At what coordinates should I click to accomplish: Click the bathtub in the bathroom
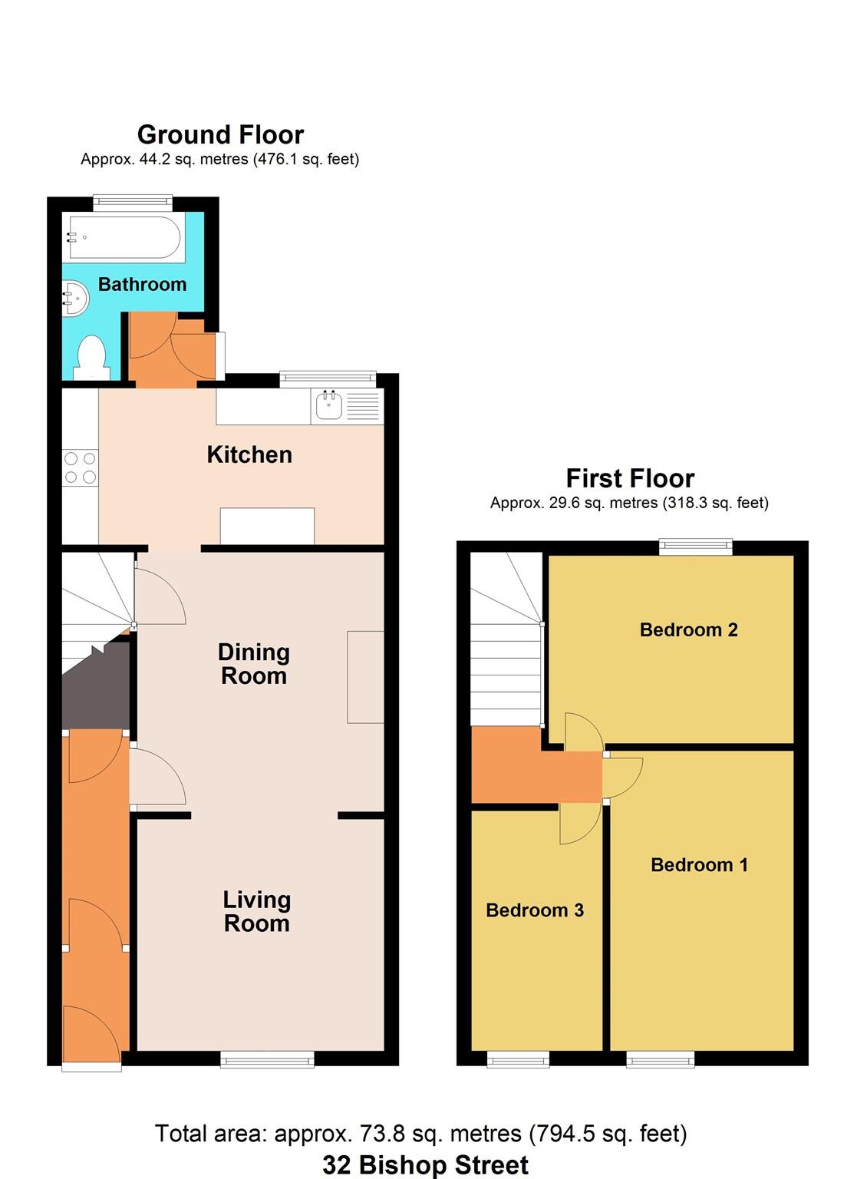tap(125, 238)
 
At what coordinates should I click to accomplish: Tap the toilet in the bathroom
tap(92, 358)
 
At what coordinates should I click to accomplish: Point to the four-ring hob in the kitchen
tap(81, 467)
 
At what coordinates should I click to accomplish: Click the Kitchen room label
tap(249, 454)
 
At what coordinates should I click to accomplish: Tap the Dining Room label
tap(254, 664)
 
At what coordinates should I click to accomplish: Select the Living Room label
tap(256, 911)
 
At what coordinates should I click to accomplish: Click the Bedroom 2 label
tap(688, 630)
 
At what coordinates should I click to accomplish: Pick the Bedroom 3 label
tap(535, 910)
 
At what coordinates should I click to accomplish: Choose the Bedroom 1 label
tap(699, 865)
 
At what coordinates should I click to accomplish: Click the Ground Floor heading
tap(220, 135)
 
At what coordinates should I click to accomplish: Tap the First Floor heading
tap(630, 479)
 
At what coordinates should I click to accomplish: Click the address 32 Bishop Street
tap(425, 1165)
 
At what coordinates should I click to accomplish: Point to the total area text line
tap(420, 1134)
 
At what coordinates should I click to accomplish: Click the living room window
tap(267, 1060)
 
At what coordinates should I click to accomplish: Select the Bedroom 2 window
tap(696, 547)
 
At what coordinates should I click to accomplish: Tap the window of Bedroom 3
tap(518, 1060)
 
